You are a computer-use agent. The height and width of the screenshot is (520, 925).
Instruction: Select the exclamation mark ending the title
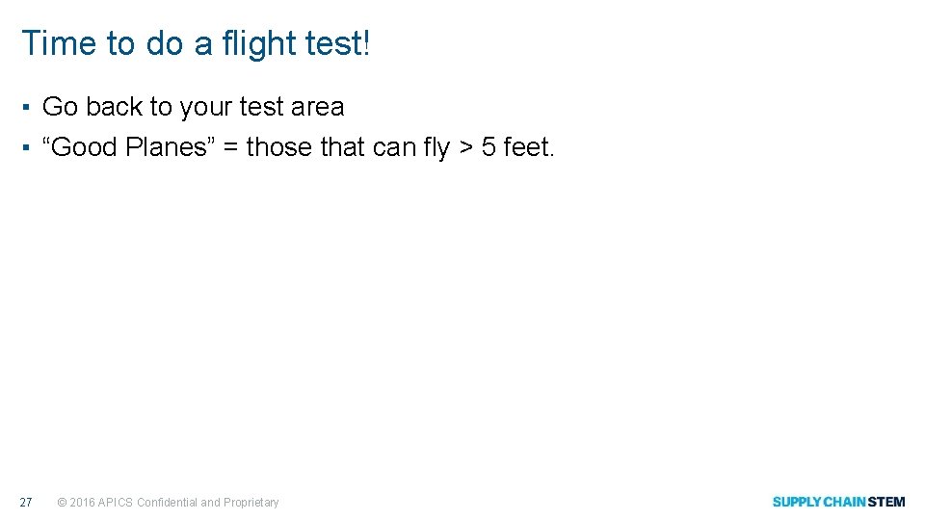pyautogui.click(x=366, y=44)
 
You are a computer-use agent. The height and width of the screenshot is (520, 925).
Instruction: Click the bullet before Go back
pyautogui.click(x=29, y=107)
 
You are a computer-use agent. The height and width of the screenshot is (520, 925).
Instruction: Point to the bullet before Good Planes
pyautogui.click(x=29, y=147)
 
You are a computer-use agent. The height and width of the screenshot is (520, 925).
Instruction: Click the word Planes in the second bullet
pyautogui.click(x=165, y=147)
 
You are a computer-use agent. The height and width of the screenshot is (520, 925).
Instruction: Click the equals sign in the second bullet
pyautogui.click(x=230, y=148)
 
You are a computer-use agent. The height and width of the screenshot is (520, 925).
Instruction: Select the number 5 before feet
pyautogui.click(x=489, y=147)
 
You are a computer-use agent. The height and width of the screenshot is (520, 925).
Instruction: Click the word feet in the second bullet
pyautogui.click(x=527, y=147)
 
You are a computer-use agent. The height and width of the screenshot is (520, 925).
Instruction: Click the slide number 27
pyautogui.click(x=26, y=502)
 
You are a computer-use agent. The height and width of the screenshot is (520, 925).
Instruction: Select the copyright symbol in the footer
pyautogui.click(x=62, y=503)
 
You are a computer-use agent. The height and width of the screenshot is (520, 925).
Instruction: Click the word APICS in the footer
pyautogui.click(x=116, y=502)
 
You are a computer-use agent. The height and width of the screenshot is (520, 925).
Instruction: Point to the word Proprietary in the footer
pyautogui.click(x=251, y=502)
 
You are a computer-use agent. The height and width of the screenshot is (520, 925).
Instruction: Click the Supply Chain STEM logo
pyautogui.click(x=838, y=502)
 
